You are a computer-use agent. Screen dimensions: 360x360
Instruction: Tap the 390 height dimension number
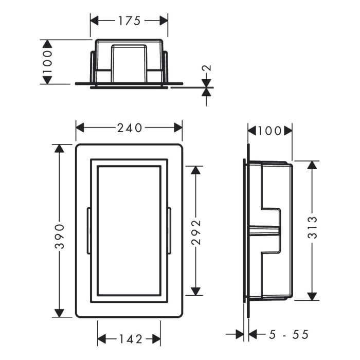(x=60, y=235)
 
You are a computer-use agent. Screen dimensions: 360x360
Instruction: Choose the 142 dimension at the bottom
(x=129, y=338)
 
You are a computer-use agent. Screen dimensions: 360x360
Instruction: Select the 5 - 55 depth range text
(x=289, y=335)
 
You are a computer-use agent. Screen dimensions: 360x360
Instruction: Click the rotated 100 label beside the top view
(x=47, y=61)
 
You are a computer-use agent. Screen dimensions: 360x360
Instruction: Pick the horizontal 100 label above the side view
(x=270, y=131)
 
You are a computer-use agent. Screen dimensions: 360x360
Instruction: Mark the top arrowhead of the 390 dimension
(x=60, y=149)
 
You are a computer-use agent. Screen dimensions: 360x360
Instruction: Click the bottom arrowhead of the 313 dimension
(x=312, y=296)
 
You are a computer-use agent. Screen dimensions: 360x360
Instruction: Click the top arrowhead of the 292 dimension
(x=195, y=170)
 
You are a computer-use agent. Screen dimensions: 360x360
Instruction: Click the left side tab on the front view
(x=89, y=230)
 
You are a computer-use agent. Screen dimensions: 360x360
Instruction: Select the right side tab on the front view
(x=169, y=230)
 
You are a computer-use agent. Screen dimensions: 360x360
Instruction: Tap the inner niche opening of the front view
(x=129, y=230)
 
